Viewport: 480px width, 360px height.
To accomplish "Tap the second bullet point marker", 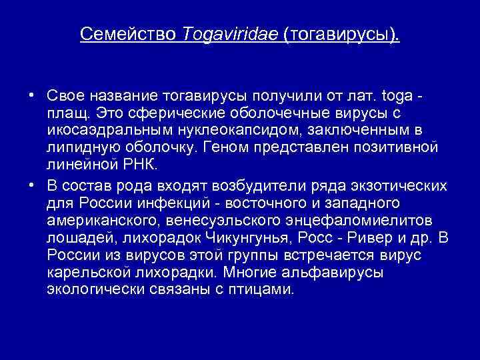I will pyautogui.click(x=31, y=184).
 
